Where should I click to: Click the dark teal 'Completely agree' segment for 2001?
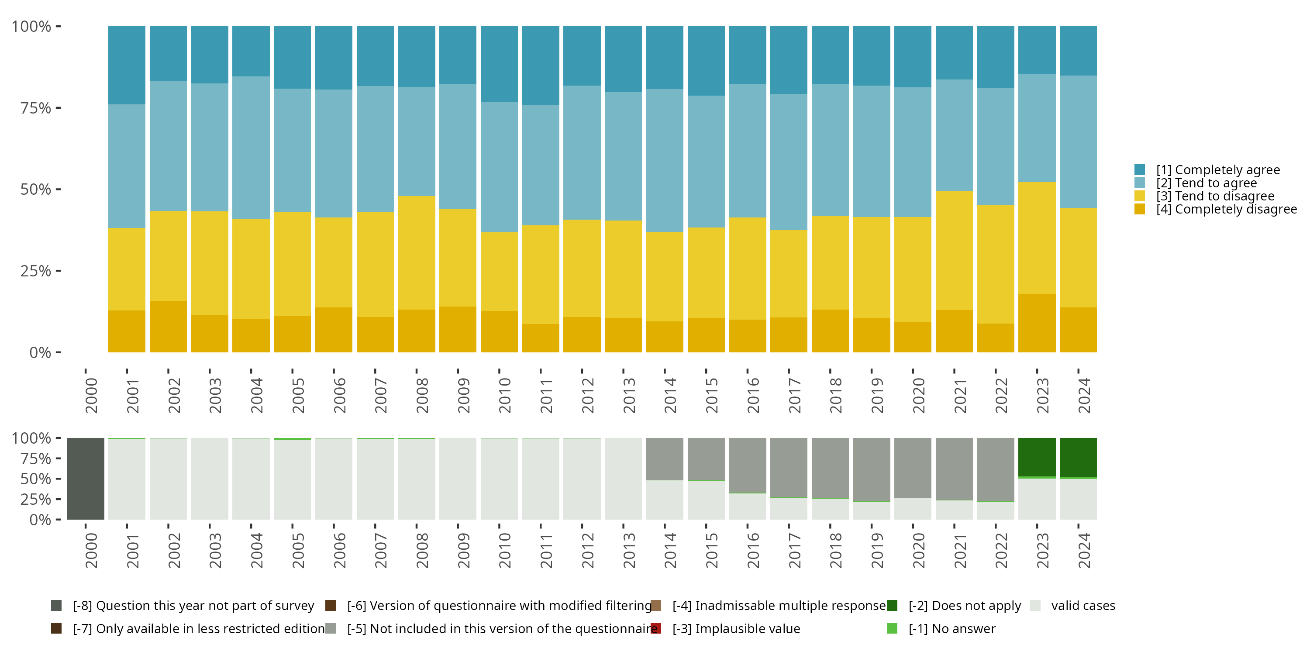127,65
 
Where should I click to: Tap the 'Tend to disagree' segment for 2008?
417,253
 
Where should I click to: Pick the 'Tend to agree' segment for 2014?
665,161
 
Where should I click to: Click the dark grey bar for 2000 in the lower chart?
86,479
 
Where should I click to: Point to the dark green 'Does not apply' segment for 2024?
1078,457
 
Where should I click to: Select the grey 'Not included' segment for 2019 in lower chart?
871,469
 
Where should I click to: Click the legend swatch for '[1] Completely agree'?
1140,170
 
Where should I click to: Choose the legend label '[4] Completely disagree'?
1226,210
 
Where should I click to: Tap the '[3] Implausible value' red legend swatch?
656,628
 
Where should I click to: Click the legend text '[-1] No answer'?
952,628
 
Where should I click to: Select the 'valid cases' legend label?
1083,606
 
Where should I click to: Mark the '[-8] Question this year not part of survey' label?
193,606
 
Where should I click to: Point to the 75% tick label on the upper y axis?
36,108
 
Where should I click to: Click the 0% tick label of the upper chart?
40,352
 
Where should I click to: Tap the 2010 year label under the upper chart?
504,395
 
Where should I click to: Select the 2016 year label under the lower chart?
753,550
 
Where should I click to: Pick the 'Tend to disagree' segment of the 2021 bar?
954,250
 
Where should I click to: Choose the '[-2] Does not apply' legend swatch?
892,606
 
